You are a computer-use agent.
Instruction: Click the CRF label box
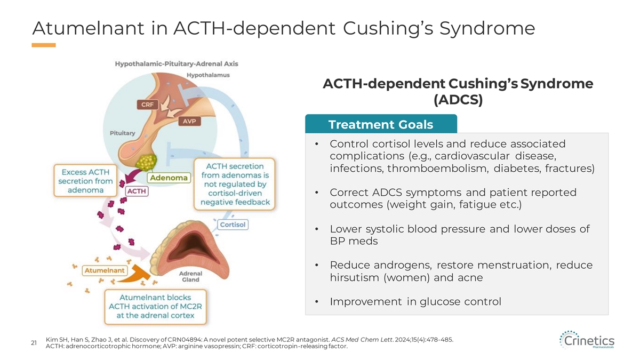(147, 105)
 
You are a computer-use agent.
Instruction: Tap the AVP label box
(189, 121)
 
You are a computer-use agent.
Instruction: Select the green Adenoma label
(169, 178)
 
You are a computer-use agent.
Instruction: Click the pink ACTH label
(137, 191)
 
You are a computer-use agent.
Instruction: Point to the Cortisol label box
(233, 225)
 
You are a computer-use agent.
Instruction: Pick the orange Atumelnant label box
(105, 270)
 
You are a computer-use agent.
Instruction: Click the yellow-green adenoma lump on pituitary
(146, 162)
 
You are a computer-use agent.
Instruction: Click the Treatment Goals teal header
(381, 124)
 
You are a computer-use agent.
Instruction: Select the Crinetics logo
(587, 340)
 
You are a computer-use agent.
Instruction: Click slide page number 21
(34, 343)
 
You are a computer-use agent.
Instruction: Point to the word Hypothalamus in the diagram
(208, 75)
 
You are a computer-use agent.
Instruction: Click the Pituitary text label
(123, 133)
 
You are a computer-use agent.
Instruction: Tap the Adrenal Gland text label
(190, 277)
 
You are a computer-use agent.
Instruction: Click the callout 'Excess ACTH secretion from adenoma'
(85, 181)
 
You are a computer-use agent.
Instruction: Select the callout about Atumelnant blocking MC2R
(155, 307)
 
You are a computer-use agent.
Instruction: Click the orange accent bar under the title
(44, 45)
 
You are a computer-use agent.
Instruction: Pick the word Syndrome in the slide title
(487, 29)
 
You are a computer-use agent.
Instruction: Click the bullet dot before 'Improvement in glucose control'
(317, 302)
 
